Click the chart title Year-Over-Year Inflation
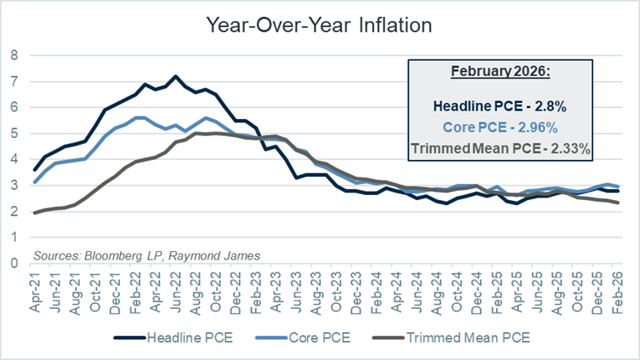click(320, 25)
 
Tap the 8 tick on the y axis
click(13, 56)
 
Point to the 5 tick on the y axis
click(13, 133)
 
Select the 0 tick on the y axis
click(13, 263)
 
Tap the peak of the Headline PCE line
click(175, 76)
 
